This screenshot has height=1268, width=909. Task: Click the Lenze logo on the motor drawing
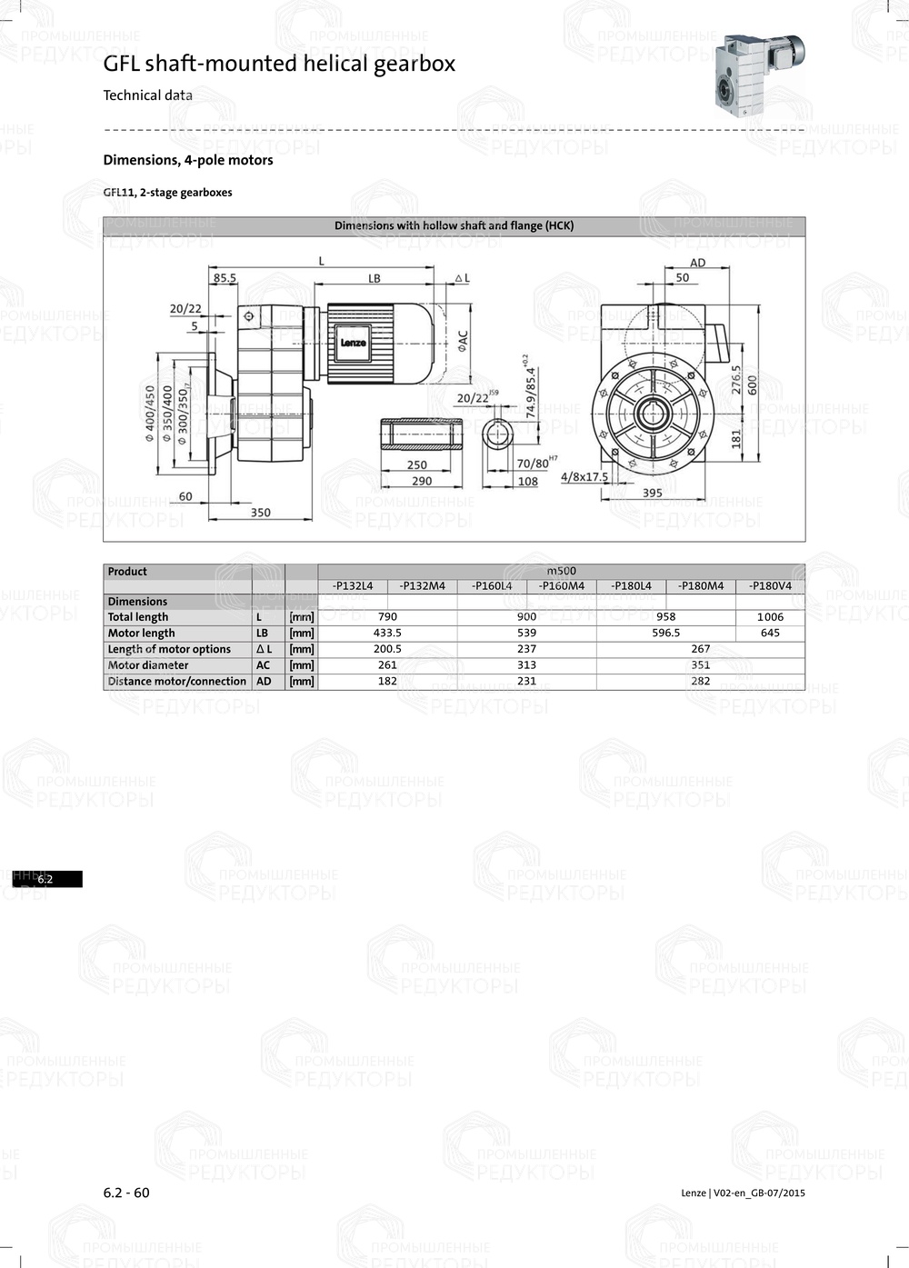[x=353, y=344]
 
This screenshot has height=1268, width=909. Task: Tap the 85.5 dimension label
[x=225, y=278]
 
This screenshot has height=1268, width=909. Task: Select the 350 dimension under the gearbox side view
[x=261, y=513]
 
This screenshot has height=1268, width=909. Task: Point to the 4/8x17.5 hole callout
[x=584, y=476]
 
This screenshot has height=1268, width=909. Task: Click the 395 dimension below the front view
[x=652, y=493]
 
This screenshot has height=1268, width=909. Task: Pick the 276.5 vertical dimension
[x=736, y=379]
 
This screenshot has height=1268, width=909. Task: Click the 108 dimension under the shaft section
[x=527, y=481]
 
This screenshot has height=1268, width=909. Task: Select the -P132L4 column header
[x=353, y=586]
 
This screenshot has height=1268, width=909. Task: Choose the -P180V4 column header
[x=770, y=586]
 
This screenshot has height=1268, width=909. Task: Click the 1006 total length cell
[x=770, y=617]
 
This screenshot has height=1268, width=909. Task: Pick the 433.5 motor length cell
[x=387, y=633]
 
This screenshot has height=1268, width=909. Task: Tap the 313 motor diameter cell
[x=526, y=665]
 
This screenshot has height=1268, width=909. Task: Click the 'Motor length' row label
[x=141, y=634]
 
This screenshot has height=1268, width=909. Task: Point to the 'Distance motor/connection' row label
[x=176, y=682]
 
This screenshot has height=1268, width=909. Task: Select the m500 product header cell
[x=561, y=571]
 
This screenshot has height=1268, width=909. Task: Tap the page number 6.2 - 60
[x=126, y=1193]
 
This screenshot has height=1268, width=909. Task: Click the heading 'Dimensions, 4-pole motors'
[x=188, y=160]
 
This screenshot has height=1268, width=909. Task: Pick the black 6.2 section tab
[x=46, y=879]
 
